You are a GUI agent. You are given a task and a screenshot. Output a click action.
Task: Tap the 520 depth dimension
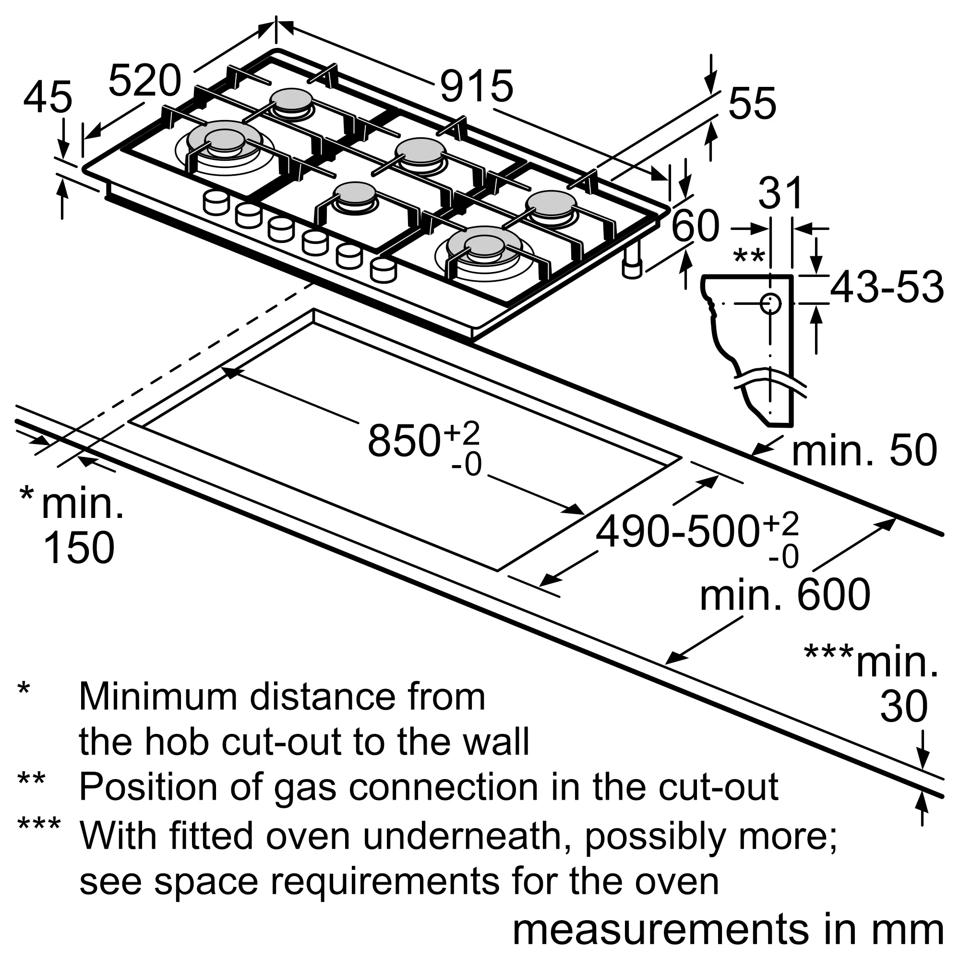click(x=144, y=81)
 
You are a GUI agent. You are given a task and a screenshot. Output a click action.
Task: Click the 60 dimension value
click(x=695, y=226)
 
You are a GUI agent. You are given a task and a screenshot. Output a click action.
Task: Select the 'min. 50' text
click(x=864, y=451)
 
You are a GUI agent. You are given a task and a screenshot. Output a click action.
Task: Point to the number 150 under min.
click(x=79, y=548)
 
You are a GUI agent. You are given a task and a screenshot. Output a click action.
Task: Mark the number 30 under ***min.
click(x=903, y=706)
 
